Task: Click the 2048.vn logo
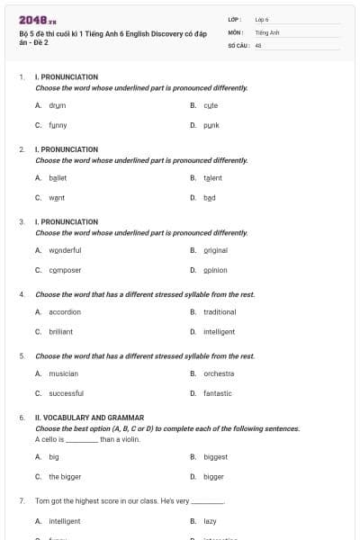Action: tap(37, 19)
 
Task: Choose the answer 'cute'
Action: tap(211, 105)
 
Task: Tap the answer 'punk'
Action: tap(211, 125)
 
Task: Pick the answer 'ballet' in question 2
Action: tap(58, 178)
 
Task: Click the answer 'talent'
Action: tap(212, 178)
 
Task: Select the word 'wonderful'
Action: tap(65, 250)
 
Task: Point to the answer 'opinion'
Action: tap(215, 270)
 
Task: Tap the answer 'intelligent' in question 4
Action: tap(219, 331)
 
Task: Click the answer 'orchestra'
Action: tap(219, 373)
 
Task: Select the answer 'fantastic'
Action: tap(217, 393)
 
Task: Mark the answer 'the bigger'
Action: tap(65, 476)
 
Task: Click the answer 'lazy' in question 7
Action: tap(210, 521)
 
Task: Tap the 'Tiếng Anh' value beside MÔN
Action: tap(267, 31)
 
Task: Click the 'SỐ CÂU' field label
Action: tap(238, 43)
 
